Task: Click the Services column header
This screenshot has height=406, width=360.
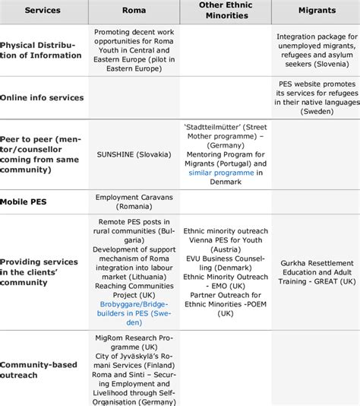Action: click(x=43, y=11)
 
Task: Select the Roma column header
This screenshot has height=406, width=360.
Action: click(x=134, y=11)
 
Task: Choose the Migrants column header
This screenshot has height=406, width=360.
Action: click(x=316, y=11)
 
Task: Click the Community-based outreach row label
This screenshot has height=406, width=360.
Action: click(x=39, y=370)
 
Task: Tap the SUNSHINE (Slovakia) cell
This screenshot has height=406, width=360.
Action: click(x=134, y=154)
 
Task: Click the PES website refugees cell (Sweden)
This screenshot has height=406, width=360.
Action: click(x=317, y=97)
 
